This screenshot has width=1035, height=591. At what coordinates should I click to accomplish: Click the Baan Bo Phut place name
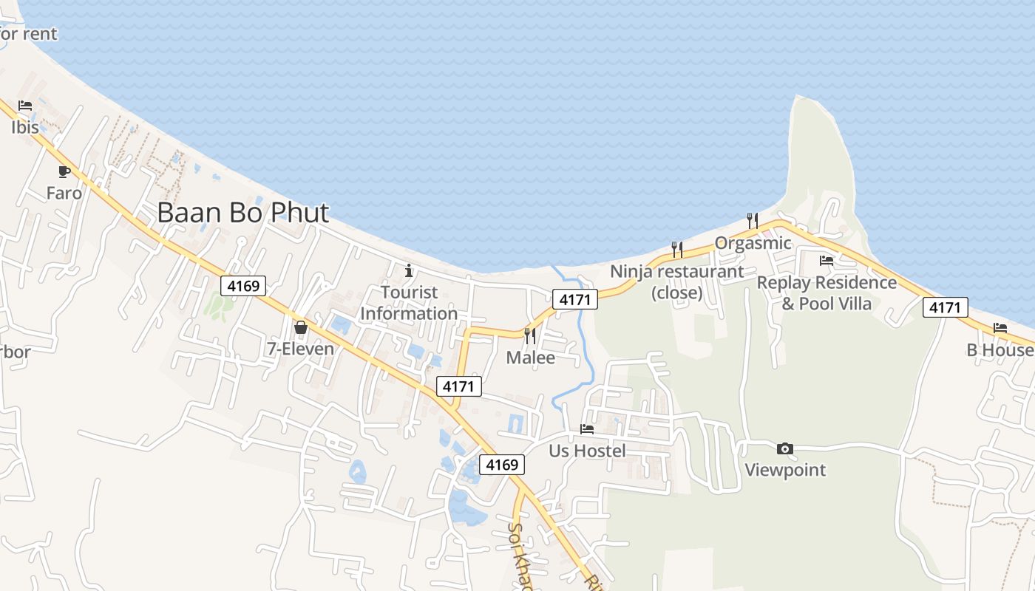click(x=242, y=213)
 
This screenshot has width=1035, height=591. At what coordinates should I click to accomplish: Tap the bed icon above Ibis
click(x=25, y=106)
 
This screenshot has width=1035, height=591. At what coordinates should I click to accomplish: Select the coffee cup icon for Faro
click(x=64, y=171)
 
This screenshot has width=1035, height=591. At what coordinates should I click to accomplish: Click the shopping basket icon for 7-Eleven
click(x=301, y=327)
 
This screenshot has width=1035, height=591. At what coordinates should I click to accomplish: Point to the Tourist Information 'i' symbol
click(x=409, y=270)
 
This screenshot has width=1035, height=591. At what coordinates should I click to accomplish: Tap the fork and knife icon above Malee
click(x=530, y=336)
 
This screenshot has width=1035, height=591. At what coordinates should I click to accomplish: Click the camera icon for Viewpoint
click(x=785, y=448)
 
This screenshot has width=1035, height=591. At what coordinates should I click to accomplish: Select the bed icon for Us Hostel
click(x=587, y=428)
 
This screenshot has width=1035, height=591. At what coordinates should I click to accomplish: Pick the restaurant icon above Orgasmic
click(x=753, y=220)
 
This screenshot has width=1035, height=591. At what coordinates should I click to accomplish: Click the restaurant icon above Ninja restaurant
click(x=676, y=250)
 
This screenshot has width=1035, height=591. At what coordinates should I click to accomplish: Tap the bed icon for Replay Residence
click(x=827, y=261)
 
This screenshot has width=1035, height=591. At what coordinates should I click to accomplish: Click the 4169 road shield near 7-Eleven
click(x=243, y=285)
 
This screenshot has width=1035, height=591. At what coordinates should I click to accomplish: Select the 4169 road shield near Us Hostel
click(x=502, y=465)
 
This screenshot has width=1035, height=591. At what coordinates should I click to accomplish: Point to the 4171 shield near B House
click(x=945, y=307)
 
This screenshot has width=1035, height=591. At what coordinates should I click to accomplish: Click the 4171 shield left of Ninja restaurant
click(x=575, y=300)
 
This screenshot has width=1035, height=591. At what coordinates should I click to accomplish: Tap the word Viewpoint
click(x=785, y=470)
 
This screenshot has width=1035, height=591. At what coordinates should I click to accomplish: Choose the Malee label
click(x=531, y=358)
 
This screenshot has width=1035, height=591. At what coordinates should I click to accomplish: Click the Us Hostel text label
click(x=587, y=451)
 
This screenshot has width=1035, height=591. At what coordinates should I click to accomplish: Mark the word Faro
click(x=64, y=194)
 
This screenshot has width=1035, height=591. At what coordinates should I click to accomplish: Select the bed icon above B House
click(x=1000, y=328)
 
